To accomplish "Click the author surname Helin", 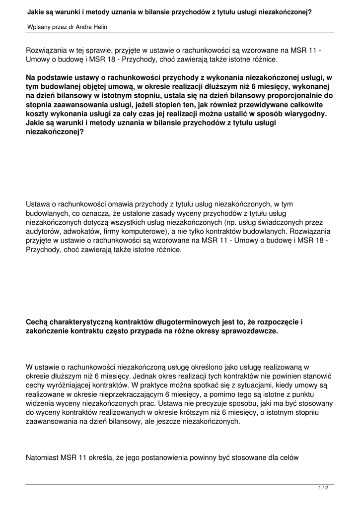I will pyautogui.click(x=98, y=26).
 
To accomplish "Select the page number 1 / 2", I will pyautogui.click(x=323, y=488).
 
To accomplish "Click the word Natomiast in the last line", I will pyautogui.click(x=43, y=458).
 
